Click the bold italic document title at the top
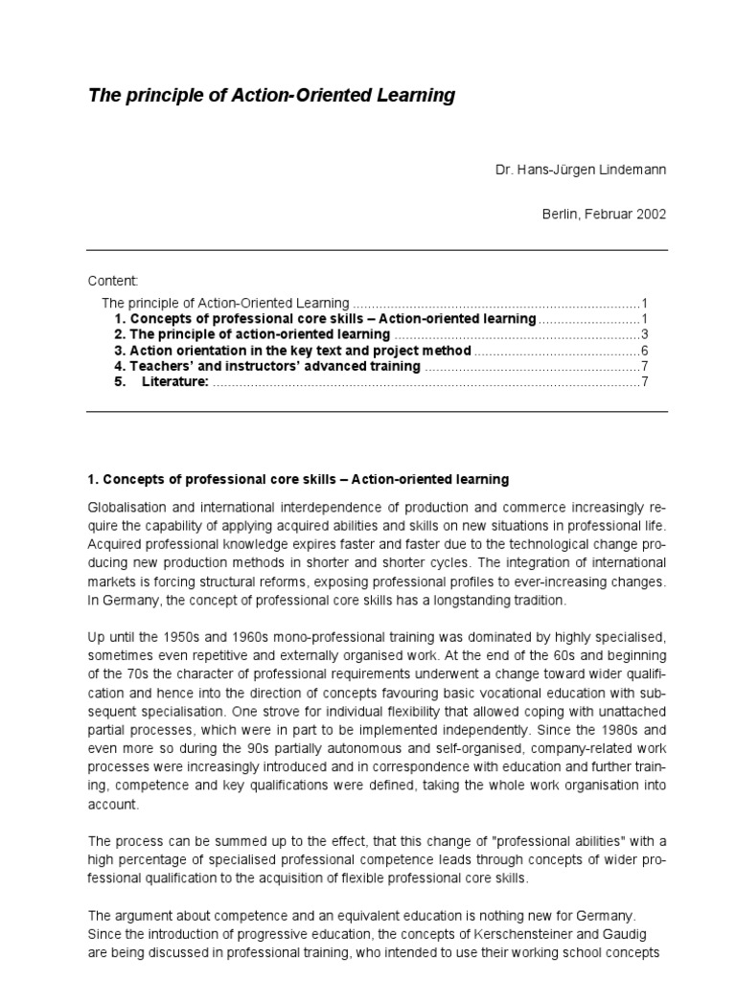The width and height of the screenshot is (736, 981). pos(271,96)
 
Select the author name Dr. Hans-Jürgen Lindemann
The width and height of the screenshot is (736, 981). pos(580,170)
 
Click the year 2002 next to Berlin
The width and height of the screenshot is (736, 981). pos(651,214)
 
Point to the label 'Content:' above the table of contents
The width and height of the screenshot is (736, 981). pos(113,281)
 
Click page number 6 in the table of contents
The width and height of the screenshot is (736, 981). pos(646,350)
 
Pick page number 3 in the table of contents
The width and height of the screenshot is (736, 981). pos(646,334)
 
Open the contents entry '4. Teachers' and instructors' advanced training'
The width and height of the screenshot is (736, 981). pos(266,366)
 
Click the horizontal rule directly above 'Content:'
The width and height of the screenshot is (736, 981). pos(377,251)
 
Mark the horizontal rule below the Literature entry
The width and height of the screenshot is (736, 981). pos(377,412)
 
